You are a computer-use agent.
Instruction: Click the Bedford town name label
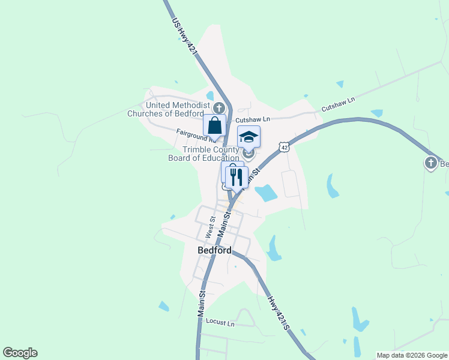[214, 250]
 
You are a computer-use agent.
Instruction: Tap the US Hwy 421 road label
[184, 38]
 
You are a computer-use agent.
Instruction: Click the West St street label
[210, 228]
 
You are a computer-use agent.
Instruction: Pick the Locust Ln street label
[220, 323]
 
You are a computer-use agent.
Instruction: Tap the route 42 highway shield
[284, 148]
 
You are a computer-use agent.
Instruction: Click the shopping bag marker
[214, 125]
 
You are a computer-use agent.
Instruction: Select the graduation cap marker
[249, 137]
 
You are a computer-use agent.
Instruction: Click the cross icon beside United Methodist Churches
[219, 109]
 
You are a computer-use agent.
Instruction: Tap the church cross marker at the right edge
[431, 163]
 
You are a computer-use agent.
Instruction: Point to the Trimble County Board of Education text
[205, 154]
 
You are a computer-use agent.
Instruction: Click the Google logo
[20, 353]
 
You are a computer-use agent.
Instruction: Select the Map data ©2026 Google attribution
[412, 355]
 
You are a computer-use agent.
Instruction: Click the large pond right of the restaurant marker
[266, 193]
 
